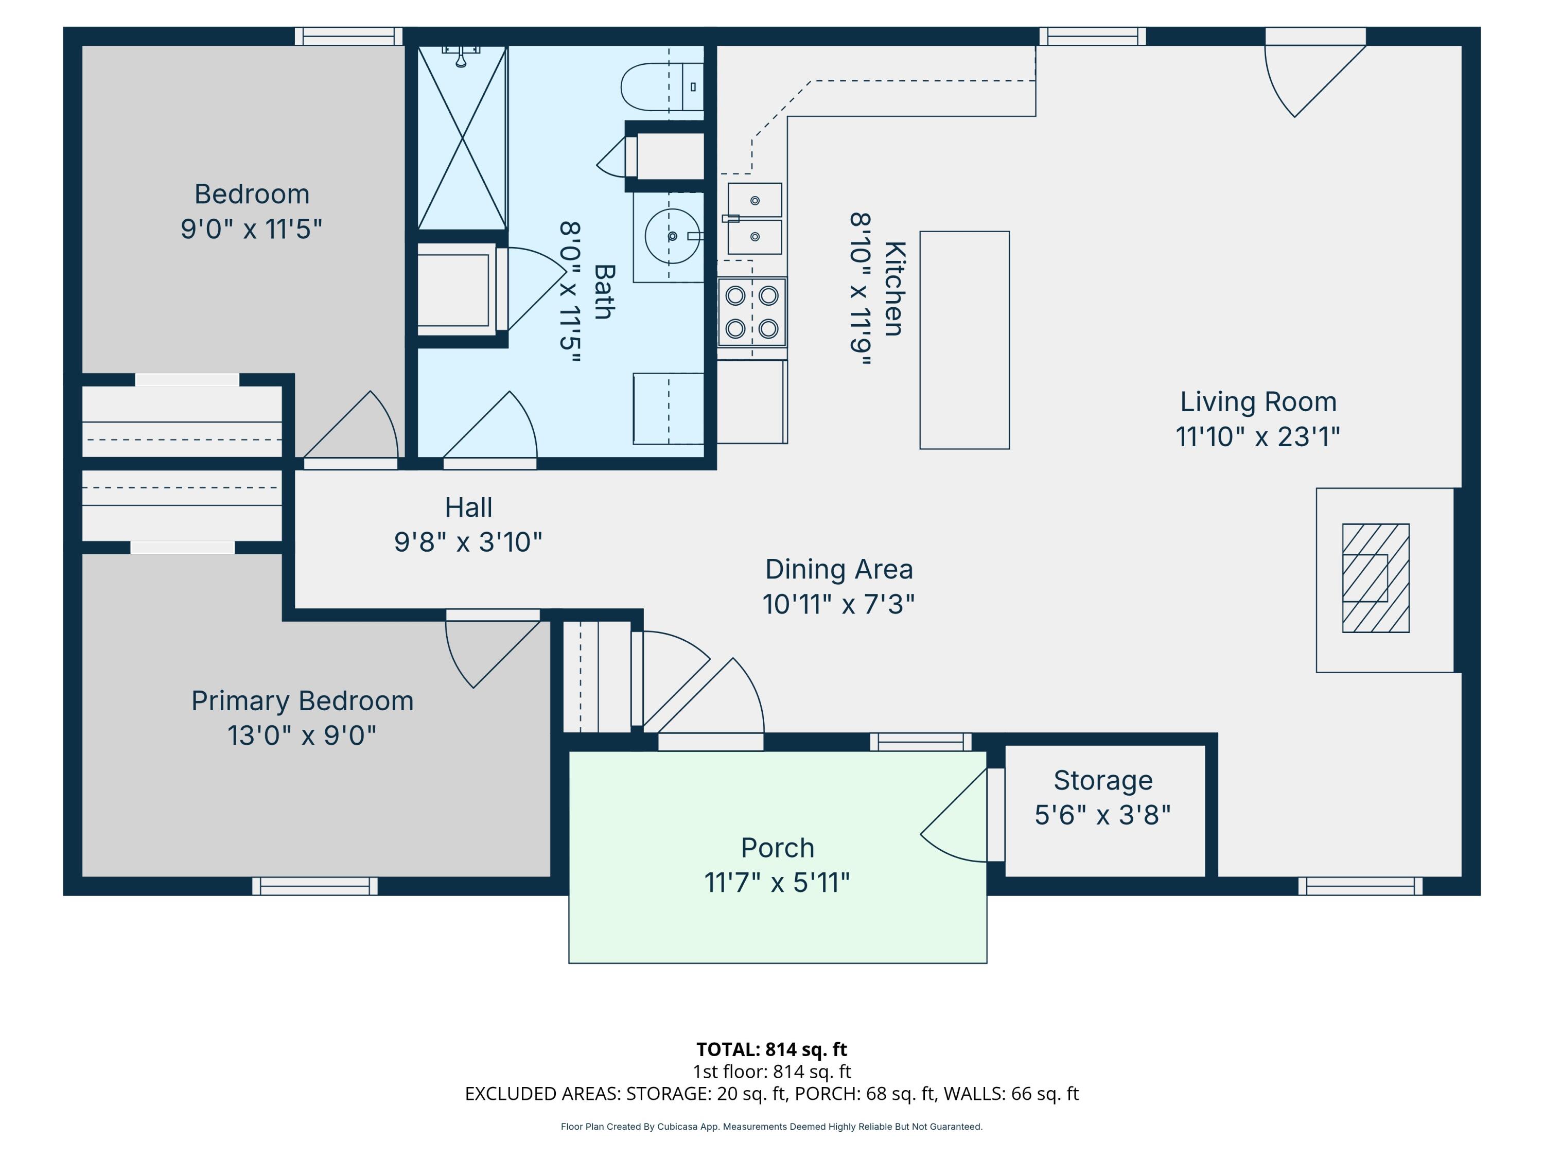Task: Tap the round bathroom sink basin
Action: [x=672, y=236]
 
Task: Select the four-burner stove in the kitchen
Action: [x=752, y=312]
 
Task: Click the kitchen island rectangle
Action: [x=964, y=340]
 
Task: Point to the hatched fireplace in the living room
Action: [x=1376, y=578]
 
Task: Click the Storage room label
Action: [x=1103, y=780]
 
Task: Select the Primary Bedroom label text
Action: [x=302, y=701]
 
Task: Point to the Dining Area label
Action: [x=839, y=570]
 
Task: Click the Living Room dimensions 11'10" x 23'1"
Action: [x=1258, y=437]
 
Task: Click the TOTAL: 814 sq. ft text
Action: [x=771, y=1049]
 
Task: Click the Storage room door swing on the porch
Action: [x=954, y=815]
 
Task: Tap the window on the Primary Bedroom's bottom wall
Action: [x=315, y=886]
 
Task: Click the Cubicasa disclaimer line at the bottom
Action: [x=771, y=1127]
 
